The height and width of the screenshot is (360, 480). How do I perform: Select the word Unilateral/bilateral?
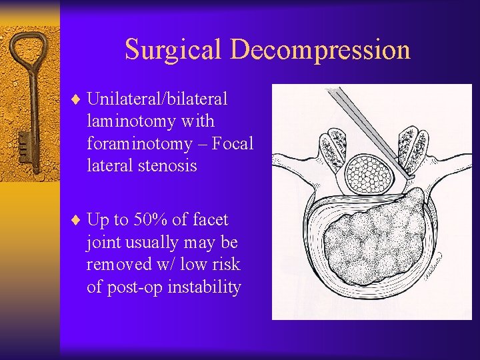pyautogui.click(x=157, y=99)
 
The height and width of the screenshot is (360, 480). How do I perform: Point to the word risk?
pyautogui.click(x=226, y=265)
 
